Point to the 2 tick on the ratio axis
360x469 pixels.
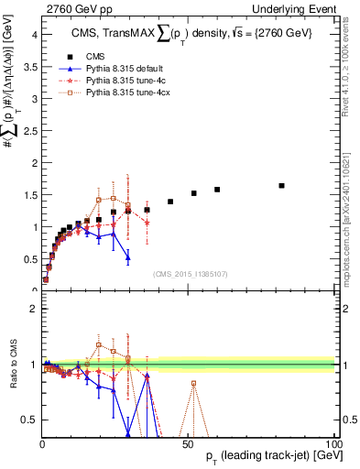coord(33,309)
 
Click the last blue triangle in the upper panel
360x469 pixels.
coord(128,257)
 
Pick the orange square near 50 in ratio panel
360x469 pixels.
coord(194,383)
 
